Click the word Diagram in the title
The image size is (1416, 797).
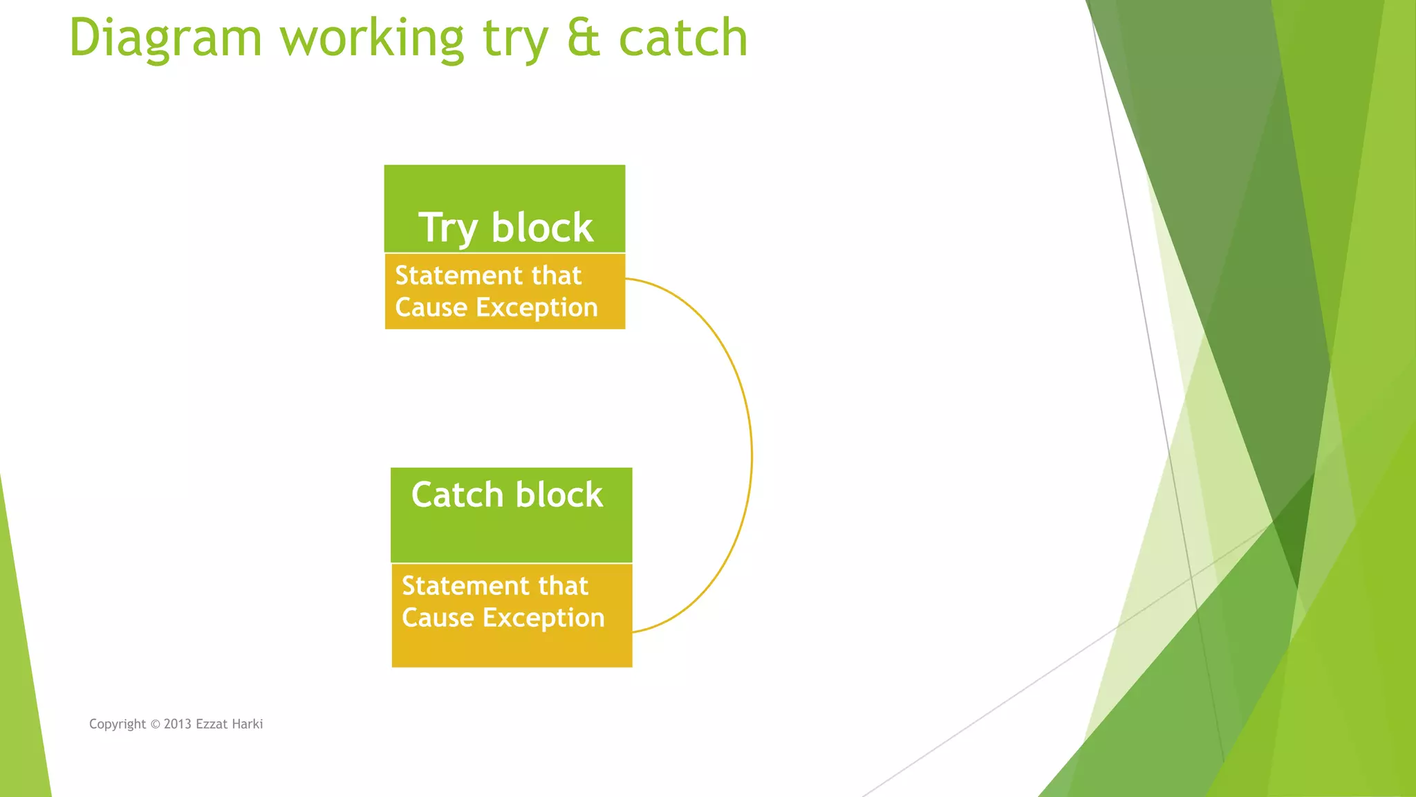pos(165,38)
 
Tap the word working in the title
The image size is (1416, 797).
pos(371,38)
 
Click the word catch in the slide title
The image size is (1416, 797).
pos(682,38)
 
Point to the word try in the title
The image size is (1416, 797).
pos(515,38)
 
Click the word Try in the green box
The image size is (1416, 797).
pos(447,228)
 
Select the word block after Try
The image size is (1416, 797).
pos(542,228)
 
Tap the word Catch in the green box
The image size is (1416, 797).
pos(457,495)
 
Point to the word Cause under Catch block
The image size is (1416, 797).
pos(438,618)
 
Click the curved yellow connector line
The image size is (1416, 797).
pos(751,455)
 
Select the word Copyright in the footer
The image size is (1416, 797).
pos(118,724)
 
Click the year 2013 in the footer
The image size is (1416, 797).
pos(178,724)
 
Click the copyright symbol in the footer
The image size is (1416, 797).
pos(155,724)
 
